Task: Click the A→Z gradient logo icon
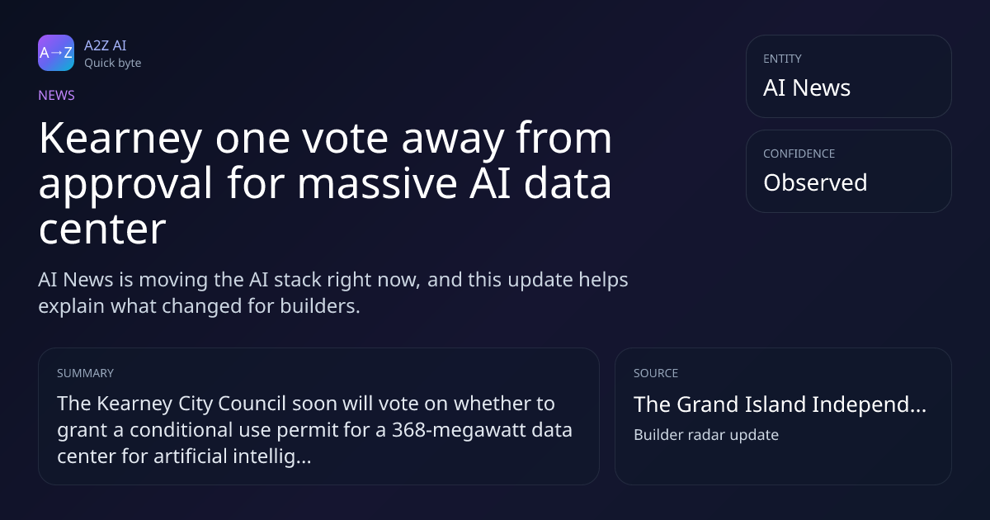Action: tap(56, 53)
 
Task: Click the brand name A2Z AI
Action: tap(106, 45)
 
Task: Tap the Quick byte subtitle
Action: tap(113, 64)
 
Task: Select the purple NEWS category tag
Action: tap(57, 96)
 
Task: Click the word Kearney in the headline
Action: tap(120, 139)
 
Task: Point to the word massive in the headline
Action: tap(377, 184)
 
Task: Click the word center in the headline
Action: tap(102, 229)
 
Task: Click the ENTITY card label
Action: tap(782, 59)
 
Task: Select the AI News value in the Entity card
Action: tap(807, 87)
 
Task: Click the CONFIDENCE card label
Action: tap(799, 154)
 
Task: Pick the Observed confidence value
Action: tap(815, 182)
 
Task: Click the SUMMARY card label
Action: tap(85, 373)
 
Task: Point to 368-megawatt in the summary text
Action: tap(460, 430)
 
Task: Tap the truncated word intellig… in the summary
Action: tap(272, 456)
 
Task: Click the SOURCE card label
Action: tap(656, 373)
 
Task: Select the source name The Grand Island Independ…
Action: tap(780, 404)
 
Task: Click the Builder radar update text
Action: tap(706, 435)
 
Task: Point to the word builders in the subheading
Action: tap(320, 306)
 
